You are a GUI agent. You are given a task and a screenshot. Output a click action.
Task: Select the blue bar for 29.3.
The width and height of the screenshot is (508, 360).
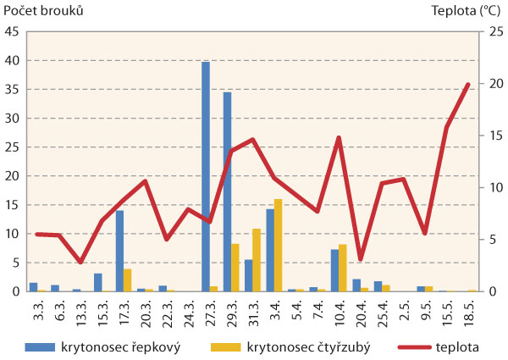[x=227, y=191]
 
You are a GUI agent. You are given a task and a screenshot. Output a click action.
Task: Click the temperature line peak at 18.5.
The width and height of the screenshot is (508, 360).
[x=468, y=84]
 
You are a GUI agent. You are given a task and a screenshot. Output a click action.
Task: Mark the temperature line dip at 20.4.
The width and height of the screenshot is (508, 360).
[x=361, y=259]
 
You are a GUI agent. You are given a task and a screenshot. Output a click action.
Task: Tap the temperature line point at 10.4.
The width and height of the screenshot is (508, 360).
[x=339, y=137]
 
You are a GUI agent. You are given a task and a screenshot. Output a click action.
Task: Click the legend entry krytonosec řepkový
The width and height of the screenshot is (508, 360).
[x=119, y=346]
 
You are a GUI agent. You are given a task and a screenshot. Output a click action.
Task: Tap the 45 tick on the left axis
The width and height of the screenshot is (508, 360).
[x=14, y=32]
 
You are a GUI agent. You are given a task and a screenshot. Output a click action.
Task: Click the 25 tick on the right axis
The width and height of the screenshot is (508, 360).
[x=488, y=32]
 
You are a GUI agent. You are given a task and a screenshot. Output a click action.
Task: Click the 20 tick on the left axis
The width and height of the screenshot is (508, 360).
[x=14, y=176]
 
